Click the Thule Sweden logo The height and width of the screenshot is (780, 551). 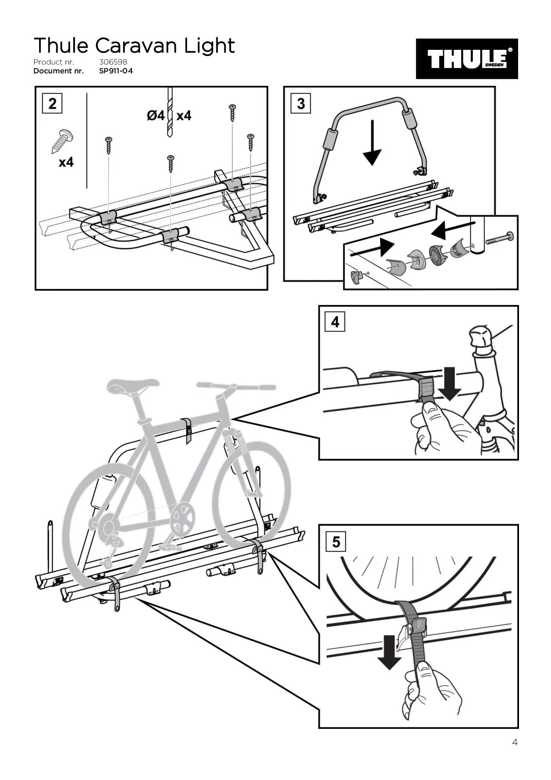click(x=467, y=59)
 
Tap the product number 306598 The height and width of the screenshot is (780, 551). click(x=113, y=62)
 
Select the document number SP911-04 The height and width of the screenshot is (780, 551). click(x=116, y=71)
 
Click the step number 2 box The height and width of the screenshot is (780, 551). click(x=52, y=104)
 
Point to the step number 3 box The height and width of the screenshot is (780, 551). click(x=301, y=104)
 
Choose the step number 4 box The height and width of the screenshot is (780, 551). click(x=335, y=322)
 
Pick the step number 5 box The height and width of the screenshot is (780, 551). click(x=335, y=542)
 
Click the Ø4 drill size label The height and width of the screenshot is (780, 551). click(x=156, y=116)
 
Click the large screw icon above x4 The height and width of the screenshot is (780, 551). click(x=62, y=141)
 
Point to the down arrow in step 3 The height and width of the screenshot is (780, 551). click(x=372, y=142)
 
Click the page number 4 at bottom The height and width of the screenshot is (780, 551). click(x=515, y=742)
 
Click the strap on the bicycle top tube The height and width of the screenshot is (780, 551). click(x=188, y=430)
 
